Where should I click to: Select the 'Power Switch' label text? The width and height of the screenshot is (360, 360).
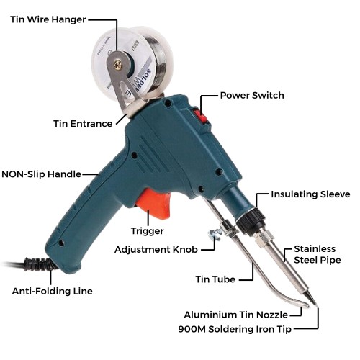[251, 95]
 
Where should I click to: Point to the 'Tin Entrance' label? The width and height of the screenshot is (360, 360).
[83, 123]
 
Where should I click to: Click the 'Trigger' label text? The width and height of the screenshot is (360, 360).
[147, 231]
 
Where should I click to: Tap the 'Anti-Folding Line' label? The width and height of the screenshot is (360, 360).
[52, 292]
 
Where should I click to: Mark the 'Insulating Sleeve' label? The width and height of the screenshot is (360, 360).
[310, 194]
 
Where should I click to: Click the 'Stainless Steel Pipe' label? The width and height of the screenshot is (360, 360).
[317, 254]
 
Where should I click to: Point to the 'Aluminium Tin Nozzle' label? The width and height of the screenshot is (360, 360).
[235, 315]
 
